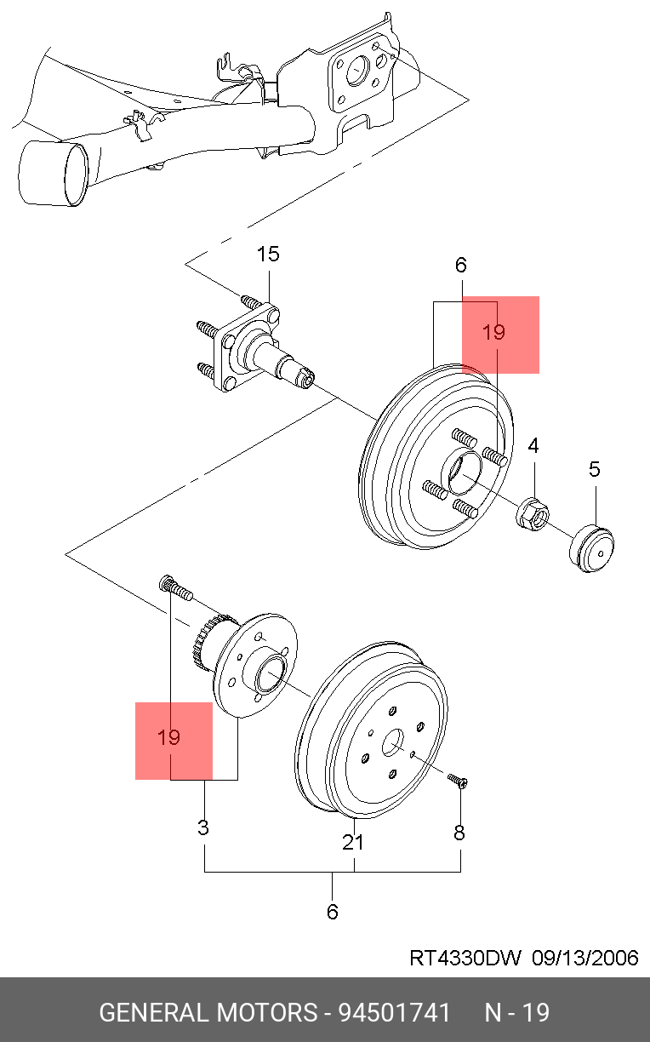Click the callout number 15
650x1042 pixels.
268,254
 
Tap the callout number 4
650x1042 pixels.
533,445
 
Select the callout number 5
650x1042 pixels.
594,468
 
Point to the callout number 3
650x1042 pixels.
203,827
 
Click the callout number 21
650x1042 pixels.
353,842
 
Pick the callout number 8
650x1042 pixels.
459,833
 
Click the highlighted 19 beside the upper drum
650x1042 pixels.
493,333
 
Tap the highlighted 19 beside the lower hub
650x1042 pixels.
169,737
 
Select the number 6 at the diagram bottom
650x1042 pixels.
332,912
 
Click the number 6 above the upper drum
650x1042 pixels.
460,265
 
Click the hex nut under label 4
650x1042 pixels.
533,512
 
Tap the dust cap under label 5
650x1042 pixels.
592,549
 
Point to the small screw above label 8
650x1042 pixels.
458,781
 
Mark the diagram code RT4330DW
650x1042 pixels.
465,958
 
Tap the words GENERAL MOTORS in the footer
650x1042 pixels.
208,1013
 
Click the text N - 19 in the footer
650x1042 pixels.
516,1013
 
